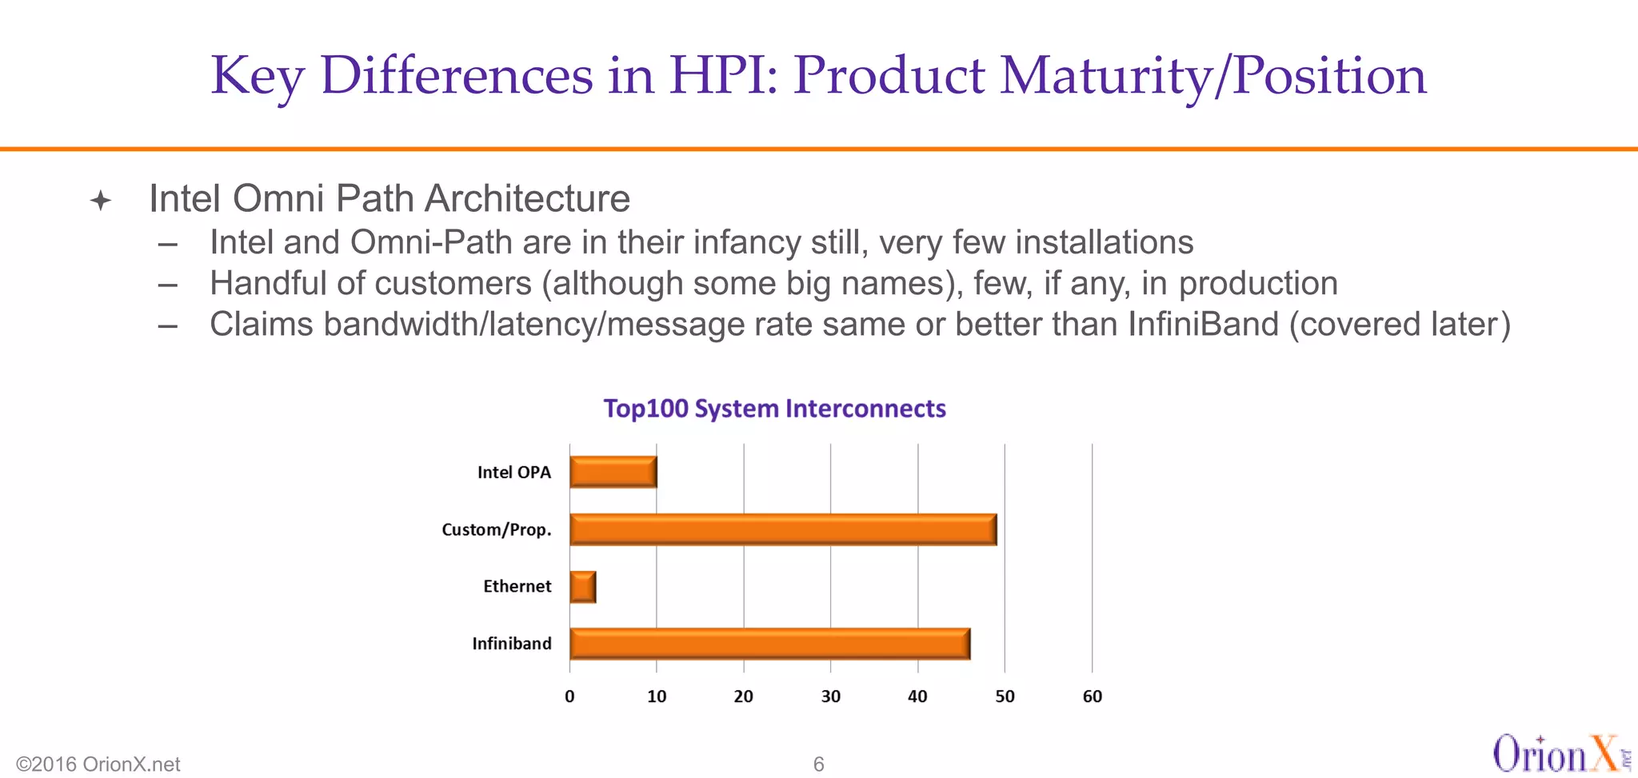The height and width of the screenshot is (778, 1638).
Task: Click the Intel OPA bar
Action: click(x=613, y=472)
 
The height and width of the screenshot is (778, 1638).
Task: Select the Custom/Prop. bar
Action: click(x=783, y=529)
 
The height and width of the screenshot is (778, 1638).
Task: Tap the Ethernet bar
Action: click(x=583, y=587)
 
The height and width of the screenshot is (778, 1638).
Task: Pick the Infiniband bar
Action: click(x=769, y=644)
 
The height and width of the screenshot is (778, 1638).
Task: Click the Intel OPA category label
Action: click(x=514, y=473)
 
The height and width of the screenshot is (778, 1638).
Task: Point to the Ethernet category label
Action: click(x=517, y=587)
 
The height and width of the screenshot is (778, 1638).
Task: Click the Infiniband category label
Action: click(x=511, y=644)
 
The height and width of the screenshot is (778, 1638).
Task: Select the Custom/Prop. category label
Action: click(x=497, y=529)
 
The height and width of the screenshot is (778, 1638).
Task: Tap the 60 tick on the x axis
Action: click(x=1092, y=696)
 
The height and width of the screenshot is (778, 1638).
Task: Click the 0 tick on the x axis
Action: click(x=569, y=696)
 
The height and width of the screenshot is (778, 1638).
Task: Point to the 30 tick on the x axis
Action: click(x=830, y=696)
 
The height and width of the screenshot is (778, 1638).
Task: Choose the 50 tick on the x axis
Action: click(x=1005, y=696)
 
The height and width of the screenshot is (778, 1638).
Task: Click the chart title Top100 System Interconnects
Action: click(x=774, y=409)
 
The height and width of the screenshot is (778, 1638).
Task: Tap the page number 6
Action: click(x=818, y=764)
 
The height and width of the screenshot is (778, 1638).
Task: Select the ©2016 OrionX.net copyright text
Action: click(x=98, y=764)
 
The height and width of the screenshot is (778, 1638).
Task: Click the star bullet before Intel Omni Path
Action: click(x=101, y=200)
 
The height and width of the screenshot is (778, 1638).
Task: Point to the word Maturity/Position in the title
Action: click(x=1213, y=76)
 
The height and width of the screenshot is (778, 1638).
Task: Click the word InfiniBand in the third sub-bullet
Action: click(x=1204, y=325)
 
